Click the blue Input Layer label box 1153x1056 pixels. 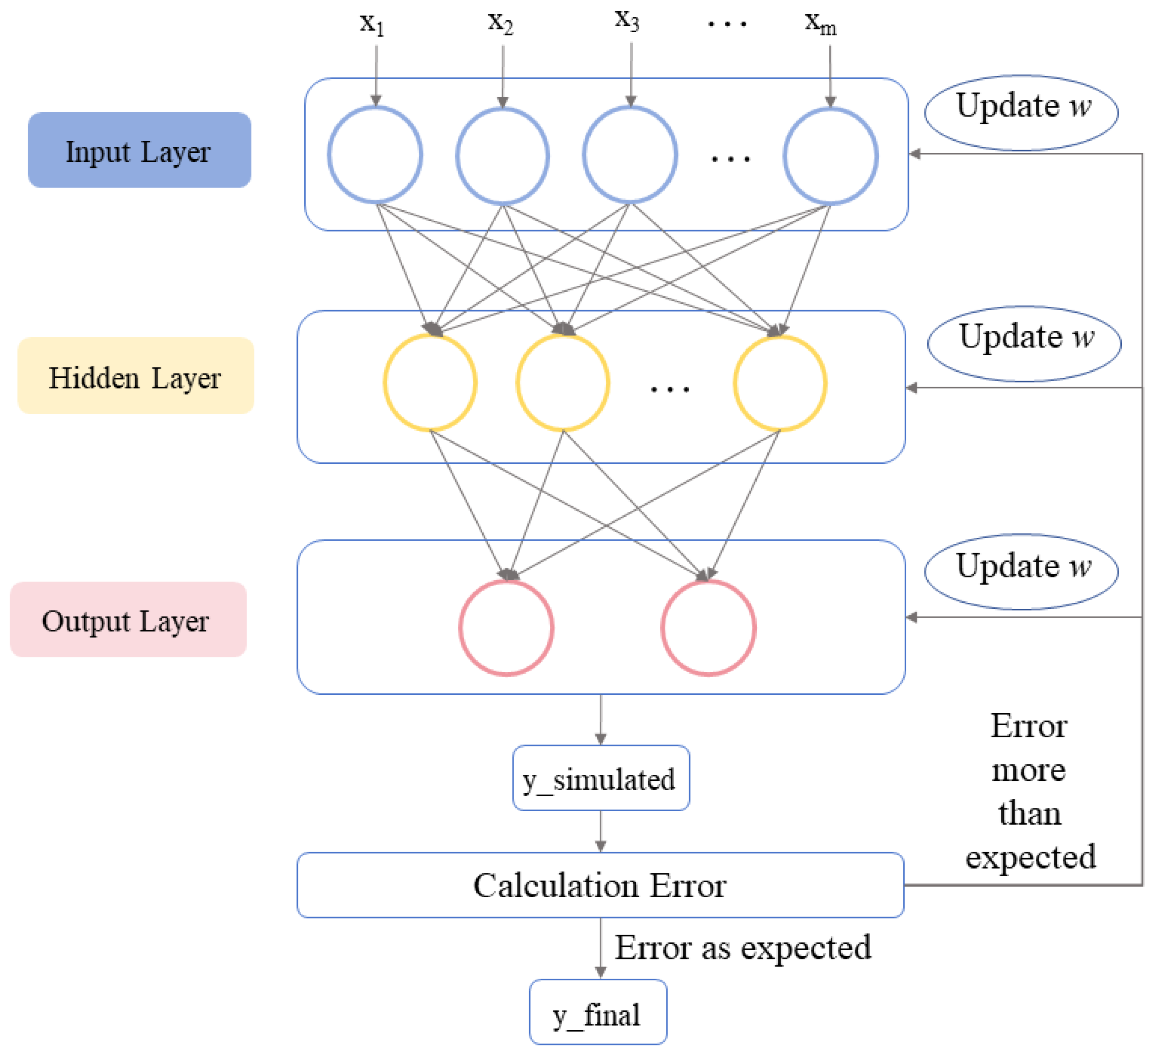point(140,150)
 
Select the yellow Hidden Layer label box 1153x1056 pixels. point(136,375)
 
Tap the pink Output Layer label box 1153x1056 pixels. point(129,619)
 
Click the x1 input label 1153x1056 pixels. point(372,24)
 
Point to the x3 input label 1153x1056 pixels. point(627,21)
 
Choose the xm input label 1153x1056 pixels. point(821,24)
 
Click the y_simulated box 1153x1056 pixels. point(601,778)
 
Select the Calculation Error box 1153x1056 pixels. point(600,885)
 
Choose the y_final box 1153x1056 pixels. point(598,1012)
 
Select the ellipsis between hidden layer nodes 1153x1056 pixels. point(670,389)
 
